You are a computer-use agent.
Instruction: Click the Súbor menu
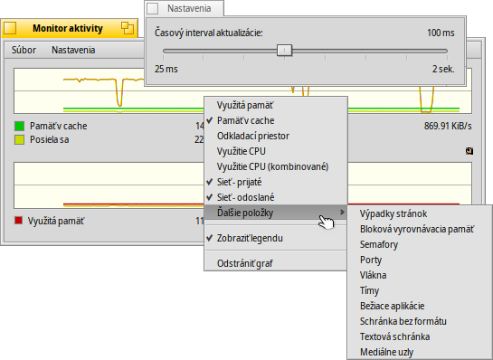pos(24,51)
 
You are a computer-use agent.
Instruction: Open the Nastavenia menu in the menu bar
pos(75,51)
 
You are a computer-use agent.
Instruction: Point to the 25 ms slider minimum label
pos(165,69)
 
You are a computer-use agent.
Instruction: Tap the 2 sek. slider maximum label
pos(442,69)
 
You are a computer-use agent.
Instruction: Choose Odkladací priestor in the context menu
pos(253,136)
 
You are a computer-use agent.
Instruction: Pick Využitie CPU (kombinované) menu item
pos(272,166)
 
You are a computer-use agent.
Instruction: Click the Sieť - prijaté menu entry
pos(240,182)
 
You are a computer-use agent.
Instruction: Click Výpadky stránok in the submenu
pos(393,214)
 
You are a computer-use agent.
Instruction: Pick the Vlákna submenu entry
pos(374,275)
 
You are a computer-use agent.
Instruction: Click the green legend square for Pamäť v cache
pos(19,126)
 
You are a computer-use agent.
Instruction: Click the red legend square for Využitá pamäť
pos(19,220)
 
